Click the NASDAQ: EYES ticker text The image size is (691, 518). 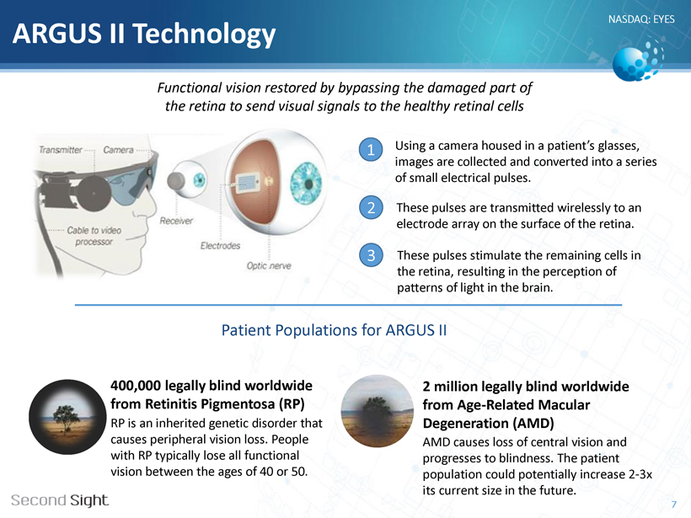pyautogui.click(x=641, y=19)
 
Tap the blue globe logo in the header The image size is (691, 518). pyautogui.click(x=637, y=61)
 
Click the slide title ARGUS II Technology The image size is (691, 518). pyautogui.click(x=144, y=34)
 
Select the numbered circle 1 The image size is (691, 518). pyautogui.click(x=371, y=150)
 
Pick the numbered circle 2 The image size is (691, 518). pyautogui.click(x=371, y=207)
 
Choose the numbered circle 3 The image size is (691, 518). pyautogui.click(x=371, y=255)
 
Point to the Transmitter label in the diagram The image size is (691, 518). pyautogui.click(x=61, y=150)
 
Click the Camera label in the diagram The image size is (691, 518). pyautogui.click(x=118, y=150)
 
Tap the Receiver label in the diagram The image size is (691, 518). pyautogui.click(x=176, y=221)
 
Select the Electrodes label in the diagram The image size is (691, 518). pyautogui.click(x=220, y=246)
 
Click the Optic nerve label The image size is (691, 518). pyautogui.click(x=269, y=265)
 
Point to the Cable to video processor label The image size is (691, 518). pyautogui.click(x=94, y=236)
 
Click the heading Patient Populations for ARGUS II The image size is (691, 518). pyautogui.click(x=334, y=330)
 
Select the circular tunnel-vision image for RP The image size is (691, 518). pyautogui.click(x=67, y=417)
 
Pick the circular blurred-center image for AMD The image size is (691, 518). pyautogui.click(x=378, y=411)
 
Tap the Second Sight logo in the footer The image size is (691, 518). pyautogui.click(x=60, y=500)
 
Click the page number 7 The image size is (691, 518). pyautogui.click(x=673, y=505)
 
